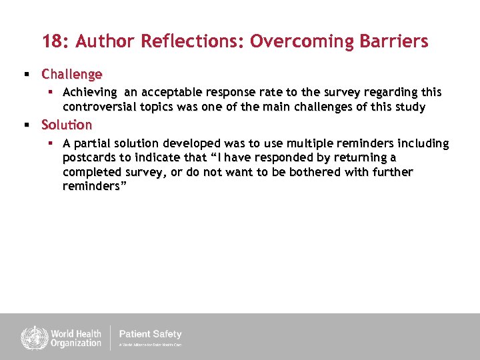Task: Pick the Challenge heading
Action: point(72,74)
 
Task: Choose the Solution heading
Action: point(67,125)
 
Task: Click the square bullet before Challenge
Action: point(27,74)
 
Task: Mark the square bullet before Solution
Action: point(27,125)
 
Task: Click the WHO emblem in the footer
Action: point(32,337)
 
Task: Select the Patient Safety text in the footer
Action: point(150,334)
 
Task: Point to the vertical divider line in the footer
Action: point(111,337)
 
